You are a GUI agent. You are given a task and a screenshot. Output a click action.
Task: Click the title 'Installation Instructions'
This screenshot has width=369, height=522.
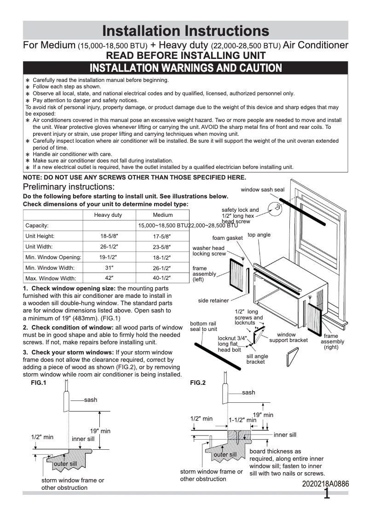point(185,31)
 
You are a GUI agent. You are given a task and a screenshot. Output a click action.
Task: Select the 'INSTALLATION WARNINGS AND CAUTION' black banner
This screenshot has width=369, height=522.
point(185,68)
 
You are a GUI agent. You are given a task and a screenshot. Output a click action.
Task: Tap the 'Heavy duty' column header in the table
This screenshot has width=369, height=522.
point(108,215)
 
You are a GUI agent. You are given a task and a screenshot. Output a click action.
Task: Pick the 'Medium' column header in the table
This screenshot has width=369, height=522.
point(162,215)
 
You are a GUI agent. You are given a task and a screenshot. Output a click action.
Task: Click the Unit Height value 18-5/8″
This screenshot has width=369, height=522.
point(110,236)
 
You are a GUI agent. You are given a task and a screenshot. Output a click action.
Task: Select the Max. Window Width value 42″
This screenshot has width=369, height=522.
point(110,278)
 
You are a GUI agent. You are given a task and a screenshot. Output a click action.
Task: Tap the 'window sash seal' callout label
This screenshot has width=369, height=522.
point(262,190)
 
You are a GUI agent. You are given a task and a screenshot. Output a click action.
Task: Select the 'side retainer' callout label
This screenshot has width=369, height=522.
point(213,301)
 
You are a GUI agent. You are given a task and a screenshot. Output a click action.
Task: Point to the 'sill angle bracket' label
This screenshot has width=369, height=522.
point(257,359)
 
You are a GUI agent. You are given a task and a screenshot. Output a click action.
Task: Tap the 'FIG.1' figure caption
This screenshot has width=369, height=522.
point(32,383)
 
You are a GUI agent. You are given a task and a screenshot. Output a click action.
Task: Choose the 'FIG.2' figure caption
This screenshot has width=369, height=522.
point(198,383)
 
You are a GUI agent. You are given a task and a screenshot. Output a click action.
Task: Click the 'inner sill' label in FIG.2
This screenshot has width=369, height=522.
point(285,435)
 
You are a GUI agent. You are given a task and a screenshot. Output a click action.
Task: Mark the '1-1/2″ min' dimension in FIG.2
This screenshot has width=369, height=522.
point(242,420)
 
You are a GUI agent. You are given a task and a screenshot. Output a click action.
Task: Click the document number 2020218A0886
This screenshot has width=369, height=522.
point(325,484)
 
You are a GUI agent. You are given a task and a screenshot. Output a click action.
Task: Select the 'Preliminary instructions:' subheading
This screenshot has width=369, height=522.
point(69,187)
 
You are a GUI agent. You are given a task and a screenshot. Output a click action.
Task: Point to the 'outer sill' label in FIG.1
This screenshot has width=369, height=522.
point(65,464)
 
